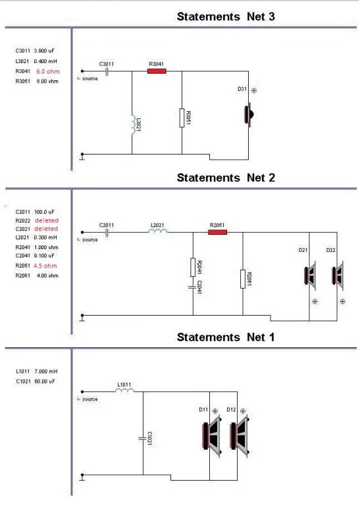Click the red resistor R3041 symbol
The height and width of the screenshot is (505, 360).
click(x=157, y=71)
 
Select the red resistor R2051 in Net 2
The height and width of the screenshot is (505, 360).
click(x=218, y=232)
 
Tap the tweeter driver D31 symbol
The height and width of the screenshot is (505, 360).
click(x=249, y=114)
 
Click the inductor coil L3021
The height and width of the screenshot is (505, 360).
click(x=134, y=124)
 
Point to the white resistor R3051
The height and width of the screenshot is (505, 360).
click(x=182, y=118)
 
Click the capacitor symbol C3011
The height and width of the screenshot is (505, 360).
click(x=107, y=71)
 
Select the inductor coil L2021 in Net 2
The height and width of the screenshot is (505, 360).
click(x=157, y=231)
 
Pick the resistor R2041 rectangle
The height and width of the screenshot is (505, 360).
click(x=193, y=267)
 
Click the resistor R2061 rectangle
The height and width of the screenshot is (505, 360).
click(x=243, y=279)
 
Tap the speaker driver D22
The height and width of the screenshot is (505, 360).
click(x=338, y=276)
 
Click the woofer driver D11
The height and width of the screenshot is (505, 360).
click(x=212, y=436)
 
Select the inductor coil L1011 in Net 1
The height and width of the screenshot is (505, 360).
click(x=125, y=391)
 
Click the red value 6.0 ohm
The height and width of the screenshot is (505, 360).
click(x=48, y=72)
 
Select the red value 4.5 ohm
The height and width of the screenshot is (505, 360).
click(x=45, y=266)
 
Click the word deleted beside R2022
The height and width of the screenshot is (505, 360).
click(x=47, y=221)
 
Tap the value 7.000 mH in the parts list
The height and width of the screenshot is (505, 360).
click(x=46, y=372)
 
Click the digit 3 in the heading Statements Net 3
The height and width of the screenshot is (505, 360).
click(x=271, y=16)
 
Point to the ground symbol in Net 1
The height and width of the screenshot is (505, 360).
click(x=82, y=477)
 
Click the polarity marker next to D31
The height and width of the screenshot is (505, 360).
click(x=254, y=91)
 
